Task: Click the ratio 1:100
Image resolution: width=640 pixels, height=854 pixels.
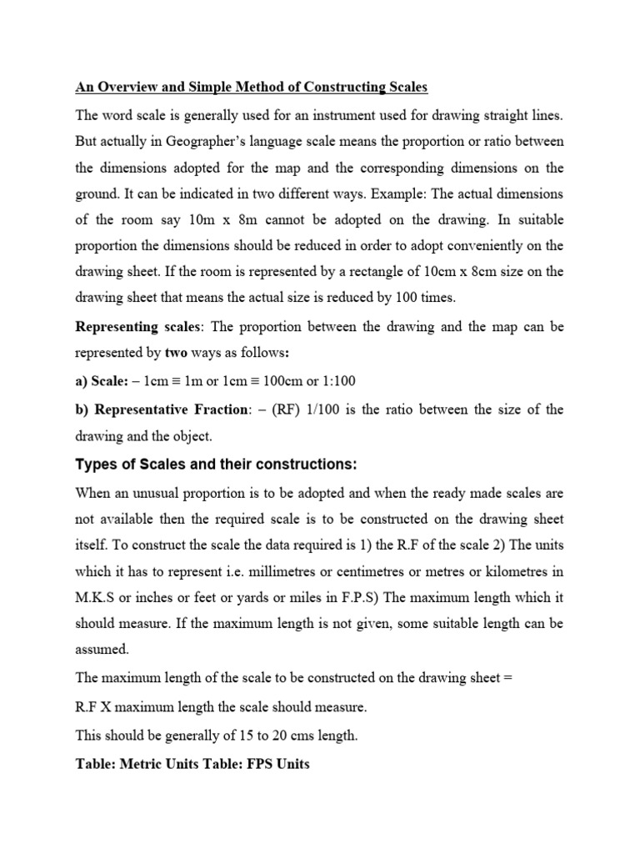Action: (338, 381)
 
